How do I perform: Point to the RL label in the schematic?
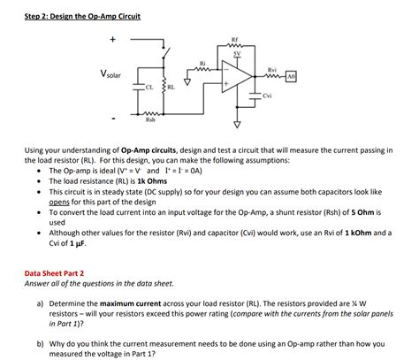click(x=170, y=88)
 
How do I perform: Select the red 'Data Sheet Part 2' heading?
click(x=59, y=274)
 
